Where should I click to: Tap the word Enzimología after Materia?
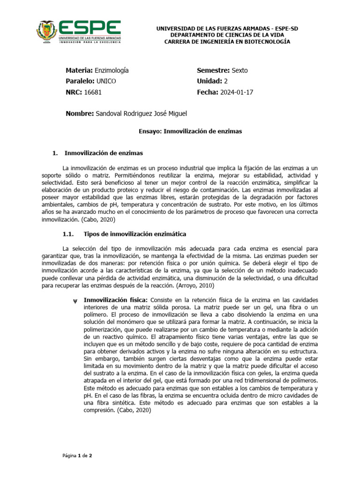click(112, 70)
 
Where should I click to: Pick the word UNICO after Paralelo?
click(105, 81)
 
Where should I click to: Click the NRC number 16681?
click(93, 92)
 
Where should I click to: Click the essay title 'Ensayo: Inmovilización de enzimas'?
click(191, 132)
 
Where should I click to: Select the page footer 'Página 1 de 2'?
click(78, 456)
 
